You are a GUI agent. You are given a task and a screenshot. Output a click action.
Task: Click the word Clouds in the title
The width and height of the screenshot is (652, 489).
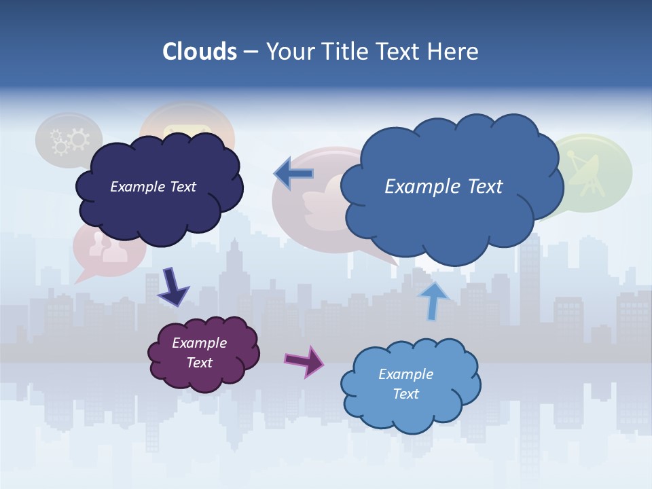click(x=199, y=52)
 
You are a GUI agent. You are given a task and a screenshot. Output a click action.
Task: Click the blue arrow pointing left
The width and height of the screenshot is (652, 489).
click(x=294, y=174)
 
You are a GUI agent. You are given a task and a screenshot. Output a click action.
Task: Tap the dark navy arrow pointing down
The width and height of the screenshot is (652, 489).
click(x=173, y=287)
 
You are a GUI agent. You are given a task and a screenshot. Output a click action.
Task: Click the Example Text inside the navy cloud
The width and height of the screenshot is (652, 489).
click(x=153, y=187)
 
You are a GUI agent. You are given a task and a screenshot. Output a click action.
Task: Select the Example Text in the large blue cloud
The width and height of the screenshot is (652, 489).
click(x=443, y=187)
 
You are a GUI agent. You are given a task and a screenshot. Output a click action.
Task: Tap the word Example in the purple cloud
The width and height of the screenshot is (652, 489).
click(x=199, y=343)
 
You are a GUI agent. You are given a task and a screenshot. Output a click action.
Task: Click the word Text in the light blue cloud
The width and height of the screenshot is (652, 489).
click(x=405, y=394)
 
